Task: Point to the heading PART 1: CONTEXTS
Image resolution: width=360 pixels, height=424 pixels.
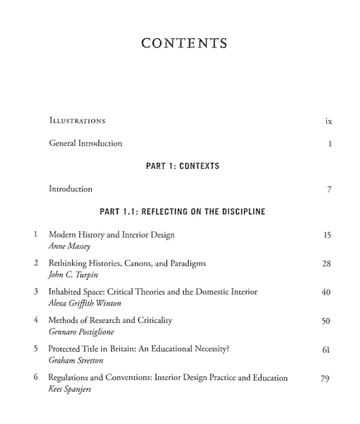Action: point(180,166)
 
